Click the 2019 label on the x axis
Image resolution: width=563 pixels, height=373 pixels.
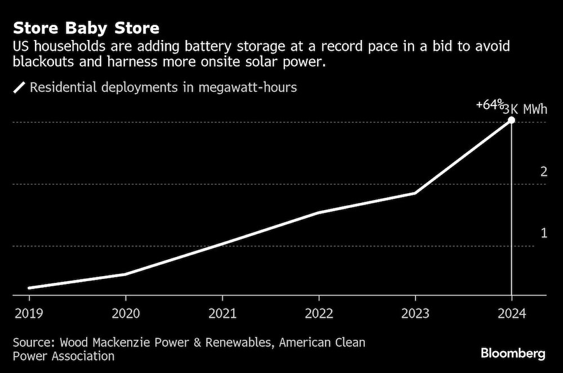tap(29, 314)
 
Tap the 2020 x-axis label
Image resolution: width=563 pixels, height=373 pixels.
tap(126, 314)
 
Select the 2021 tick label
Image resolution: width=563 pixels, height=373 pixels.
tap(222, 314)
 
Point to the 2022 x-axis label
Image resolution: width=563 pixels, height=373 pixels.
tap(319, 314)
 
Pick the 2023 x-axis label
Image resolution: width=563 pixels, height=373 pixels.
tap(415, 314)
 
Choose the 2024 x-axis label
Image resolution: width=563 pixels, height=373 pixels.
tap(512, 314)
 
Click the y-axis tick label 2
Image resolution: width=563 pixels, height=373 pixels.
tap(544, 172)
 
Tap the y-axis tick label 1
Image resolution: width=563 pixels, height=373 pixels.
tap(544, 233)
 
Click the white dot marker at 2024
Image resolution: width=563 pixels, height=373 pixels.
tap(511, 120)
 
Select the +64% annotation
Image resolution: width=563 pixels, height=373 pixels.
tap(489, 105)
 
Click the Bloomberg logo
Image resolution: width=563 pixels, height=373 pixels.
tap(513, 354)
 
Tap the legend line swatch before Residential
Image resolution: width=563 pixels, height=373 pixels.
tap(20, 87)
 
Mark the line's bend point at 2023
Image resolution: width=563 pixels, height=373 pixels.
tap(415, 193)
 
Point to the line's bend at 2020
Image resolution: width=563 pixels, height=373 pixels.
tap(126, 274)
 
